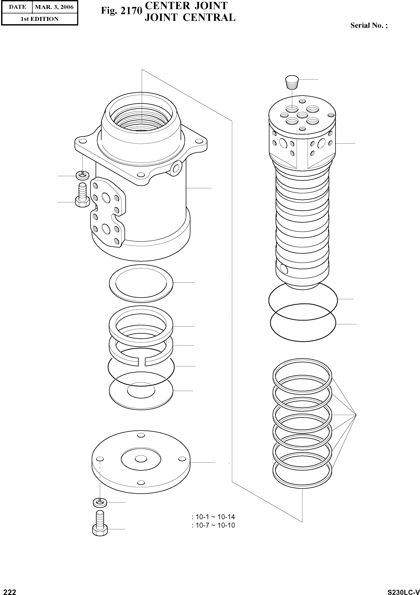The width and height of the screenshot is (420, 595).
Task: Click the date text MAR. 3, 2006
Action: point(54,7)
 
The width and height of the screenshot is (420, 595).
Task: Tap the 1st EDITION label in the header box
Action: point(40,19)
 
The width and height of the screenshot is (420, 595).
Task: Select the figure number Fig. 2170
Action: point(122,11)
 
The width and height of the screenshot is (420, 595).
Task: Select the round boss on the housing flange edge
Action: point(177,168)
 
